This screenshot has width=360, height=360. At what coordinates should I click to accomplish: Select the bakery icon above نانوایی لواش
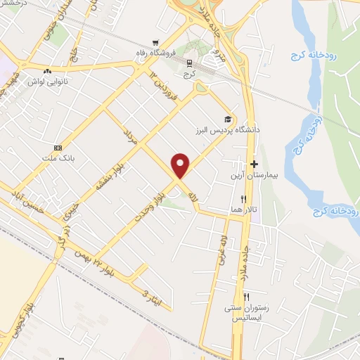click(x=47, y=71)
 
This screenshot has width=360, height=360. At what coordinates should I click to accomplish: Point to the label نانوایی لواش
click(x=48, y=82)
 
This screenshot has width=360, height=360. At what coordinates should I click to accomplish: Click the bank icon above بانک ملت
click(x=58, y=148)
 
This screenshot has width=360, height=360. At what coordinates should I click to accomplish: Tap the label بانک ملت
click(x=58, y=158)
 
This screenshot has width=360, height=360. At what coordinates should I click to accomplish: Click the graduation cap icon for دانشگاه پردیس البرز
click(x=226, y=118)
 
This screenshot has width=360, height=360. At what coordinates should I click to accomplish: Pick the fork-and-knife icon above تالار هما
click(x=243, y=199)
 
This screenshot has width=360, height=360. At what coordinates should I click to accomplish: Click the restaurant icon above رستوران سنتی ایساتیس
click(x=246, y=297)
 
